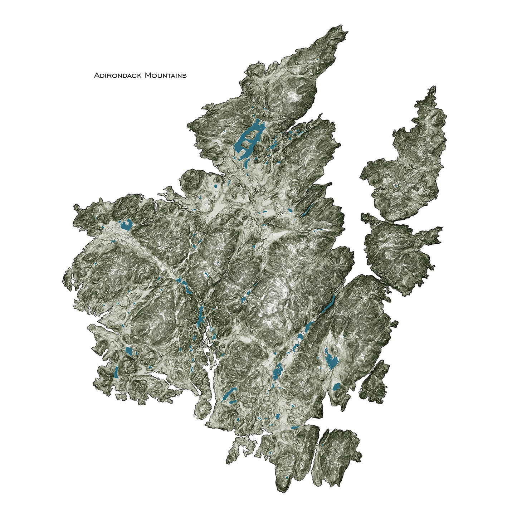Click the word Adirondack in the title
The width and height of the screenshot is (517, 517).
pyautogui.click(x=116, y=75)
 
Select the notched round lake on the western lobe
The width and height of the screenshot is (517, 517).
pyautogui.click(x=126, y=225)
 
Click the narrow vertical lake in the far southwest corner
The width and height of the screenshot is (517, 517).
pyautogui.click(x=116, y=372)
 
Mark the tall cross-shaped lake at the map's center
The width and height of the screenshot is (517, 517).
pyautogui.click(x=200, y=316)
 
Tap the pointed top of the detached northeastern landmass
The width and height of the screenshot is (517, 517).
pyautogui.click(x=434, y=88)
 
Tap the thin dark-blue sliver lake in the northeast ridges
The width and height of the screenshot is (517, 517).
pyautogui.click(x=307, y=210)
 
